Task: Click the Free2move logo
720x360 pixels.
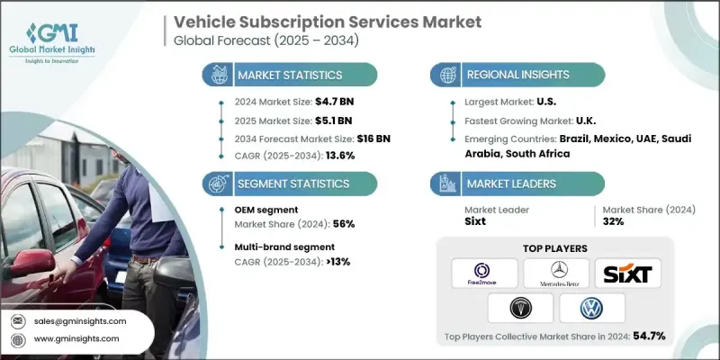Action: [484, 273]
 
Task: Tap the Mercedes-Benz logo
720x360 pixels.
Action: [556, 273]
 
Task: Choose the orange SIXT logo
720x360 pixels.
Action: [627, 273]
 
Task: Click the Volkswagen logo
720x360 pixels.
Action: [591, 309]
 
